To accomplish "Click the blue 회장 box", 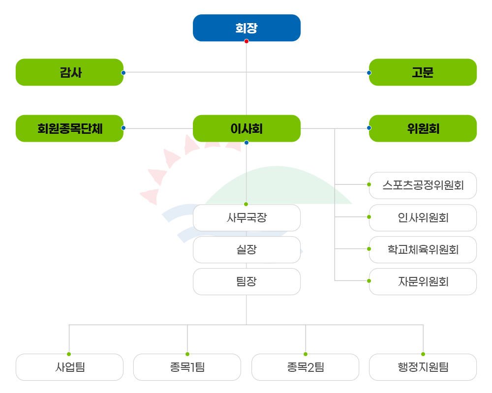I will pyautogui.click(x=246, y=28).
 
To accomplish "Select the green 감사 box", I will pyautogui.click(x=69, y=72).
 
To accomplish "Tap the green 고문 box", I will pyautogui.click(x=423, y=72).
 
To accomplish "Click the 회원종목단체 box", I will pyautogui.click(x=69, y=128).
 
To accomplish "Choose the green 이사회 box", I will pyautogui.click(x=246, y=128).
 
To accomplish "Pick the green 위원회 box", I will pyautogui.click(x=423, y=128).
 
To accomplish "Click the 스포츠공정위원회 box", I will pyautogui.click(x=423, y=185).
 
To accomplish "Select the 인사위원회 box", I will pyautogui.click(x=423, y=217).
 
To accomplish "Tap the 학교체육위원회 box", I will pyautogui.click(x=423, y=249).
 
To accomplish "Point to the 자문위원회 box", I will pyautogui.click(x=423, y=281).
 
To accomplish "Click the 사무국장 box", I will pyautogui.click(x=246, y=217).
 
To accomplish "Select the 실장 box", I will pyautogui.click(x=246, y=249).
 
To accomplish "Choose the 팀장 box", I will pyautogui.click(x=246, y=281).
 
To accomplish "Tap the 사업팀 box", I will pyautogui.click(x=69, y=367).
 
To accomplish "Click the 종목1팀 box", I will pyautogui.click(x=187, y=367).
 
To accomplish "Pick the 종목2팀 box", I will pyautogui.click(x=305, y=367).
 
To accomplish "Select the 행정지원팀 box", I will pyautogui.click(x=423, y=367).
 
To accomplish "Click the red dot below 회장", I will pyautogui.click(x=246, y=41).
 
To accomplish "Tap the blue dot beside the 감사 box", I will pyautogui.click(x=123, y=72).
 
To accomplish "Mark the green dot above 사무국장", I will pyautogui.click(x=246, y=204).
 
